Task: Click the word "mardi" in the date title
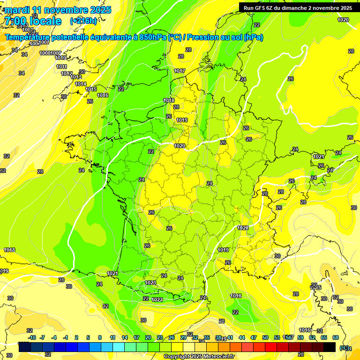16,10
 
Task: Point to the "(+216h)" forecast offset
83,21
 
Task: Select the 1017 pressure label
180,71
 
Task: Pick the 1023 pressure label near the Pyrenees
150,283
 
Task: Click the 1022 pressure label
157,300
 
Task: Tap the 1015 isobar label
91,89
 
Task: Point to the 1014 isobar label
81,84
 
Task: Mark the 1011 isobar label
61,67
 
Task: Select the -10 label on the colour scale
32,337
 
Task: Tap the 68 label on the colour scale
335,337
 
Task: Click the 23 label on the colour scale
159,337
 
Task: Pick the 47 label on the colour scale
253,337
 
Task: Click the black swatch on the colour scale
330,347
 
